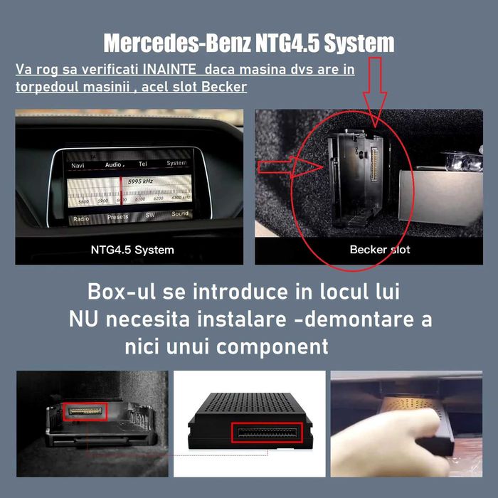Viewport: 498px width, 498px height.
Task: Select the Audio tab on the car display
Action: [x=114, y=164]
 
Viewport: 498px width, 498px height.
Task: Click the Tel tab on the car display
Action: [x=143, y=164]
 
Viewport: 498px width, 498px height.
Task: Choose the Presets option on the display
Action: [x=118, y=217]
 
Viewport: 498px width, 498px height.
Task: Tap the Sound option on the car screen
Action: [x=180, y=213]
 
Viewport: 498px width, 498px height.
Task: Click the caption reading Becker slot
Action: [x=380, y=250]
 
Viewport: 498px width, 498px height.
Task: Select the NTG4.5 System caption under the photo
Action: [x=132, y=250]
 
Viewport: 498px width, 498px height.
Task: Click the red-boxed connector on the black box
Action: [x=267, y=432]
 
